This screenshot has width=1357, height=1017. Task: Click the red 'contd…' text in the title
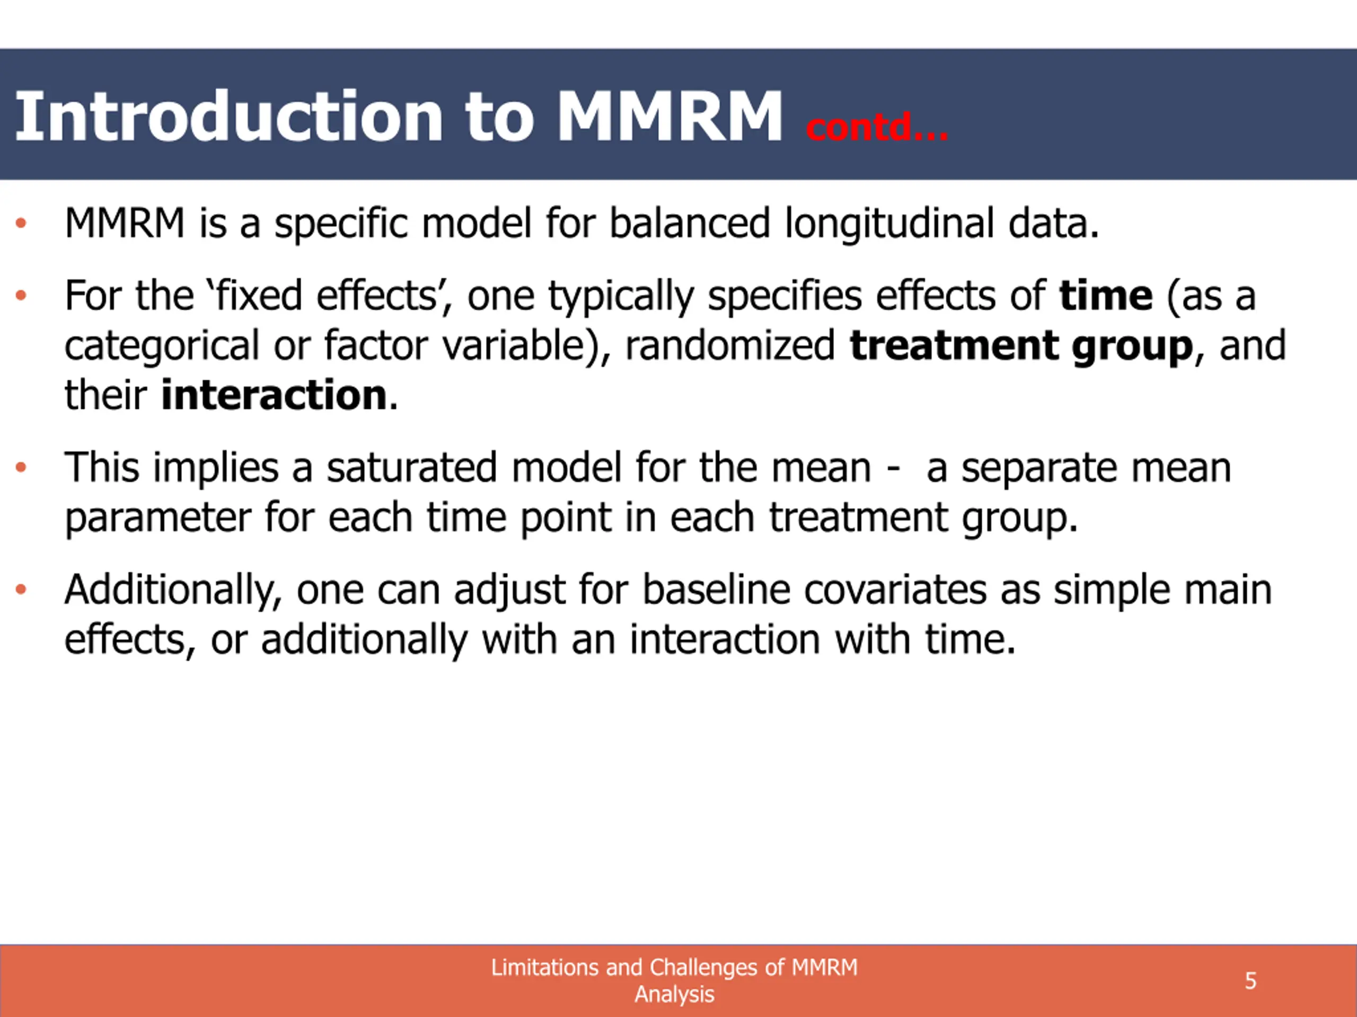click(x=877, y=127)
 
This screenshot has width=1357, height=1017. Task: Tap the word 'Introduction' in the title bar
click(x=229, y=116)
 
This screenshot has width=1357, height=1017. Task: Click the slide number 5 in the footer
click(x=1251, y=981)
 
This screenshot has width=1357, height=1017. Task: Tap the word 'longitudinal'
click(x=889, y=224)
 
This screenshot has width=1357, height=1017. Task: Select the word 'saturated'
click(x=411, y=468)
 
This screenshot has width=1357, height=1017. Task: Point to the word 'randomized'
click(x=730, y=345)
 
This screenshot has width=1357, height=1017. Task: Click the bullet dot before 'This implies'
click(x=21, y=468)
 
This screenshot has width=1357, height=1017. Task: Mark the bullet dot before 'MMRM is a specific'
click(x=21, y=223)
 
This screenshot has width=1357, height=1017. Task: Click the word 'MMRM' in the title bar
click(x=669, y=117)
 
